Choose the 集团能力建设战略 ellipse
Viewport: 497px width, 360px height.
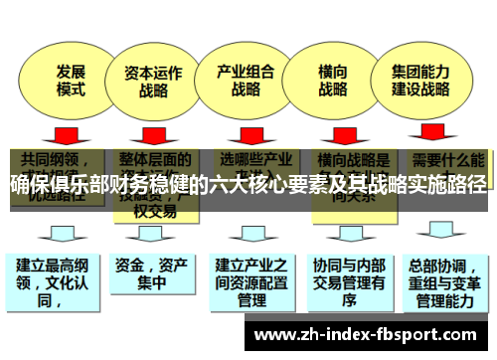[x=420, y=81]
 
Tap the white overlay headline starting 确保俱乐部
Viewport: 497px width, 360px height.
[x=248, y=183]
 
